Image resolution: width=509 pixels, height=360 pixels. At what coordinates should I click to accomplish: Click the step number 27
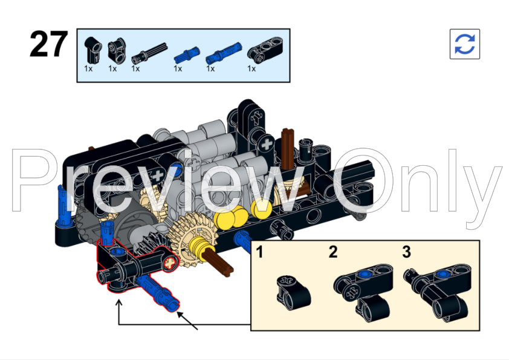point(48,45)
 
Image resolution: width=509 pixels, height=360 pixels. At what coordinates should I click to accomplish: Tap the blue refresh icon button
point(464,44)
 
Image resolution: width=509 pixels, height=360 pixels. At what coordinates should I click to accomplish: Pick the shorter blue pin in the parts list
point(180,54)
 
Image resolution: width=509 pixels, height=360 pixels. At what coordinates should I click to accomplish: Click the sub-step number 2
point(333,252)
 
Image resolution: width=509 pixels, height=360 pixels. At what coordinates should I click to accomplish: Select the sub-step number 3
point(406,252)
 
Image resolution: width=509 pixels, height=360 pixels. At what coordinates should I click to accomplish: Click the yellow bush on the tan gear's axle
point(198,247)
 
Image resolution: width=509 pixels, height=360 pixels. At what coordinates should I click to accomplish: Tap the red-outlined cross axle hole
point(171,262)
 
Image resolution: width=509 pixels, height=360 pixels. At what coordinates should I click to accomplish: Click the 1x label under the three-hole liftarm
point(251,69)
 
